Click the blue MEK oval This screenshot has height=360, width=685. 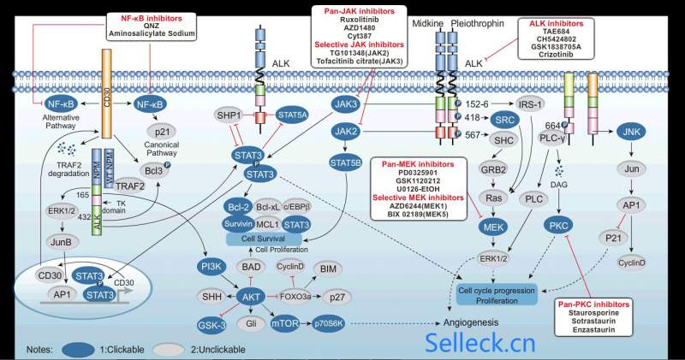tap(493, 228)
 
